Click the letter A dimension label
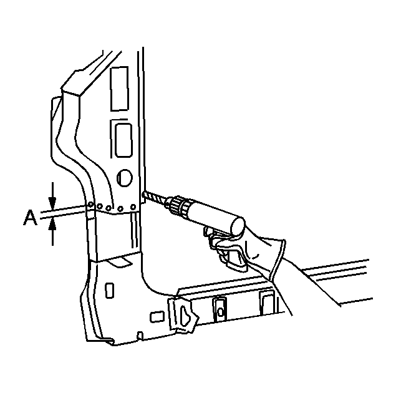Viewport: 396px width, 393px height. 31,218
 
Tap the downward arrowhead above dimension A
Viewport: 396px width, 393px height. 52,204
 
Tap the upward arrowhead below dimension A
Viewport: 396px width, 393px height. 52,225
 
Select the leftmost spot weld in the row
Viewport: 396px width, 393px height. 90,205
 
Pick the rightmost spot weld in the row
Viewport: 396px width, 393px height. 133,207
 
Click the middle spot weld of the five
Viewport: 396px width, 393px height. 109,208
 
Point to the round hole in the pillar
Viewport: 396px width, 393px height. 125,178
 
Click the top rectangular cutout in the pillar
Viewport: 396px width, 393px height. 120,89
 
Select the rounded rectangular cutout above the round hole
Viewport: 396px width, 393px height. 123,140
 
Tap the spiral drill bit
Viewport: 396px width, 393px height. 155,198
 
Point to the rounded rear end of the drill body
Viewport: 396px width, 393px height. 238,226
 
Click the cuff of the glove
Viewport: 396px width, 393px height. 278,260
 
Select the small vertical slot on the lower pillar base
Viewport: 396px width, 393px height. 109,291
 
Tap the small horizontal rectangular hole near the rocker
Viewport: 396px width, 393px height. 157,317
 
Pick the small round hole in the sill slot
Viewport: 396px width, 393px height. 220,313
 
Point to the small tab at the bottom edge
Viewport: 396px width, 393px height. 140,336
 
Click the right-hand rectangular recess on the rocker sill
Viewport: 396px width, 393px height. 268,303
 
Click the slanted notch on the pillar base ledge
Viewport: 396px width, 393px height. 120,261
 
